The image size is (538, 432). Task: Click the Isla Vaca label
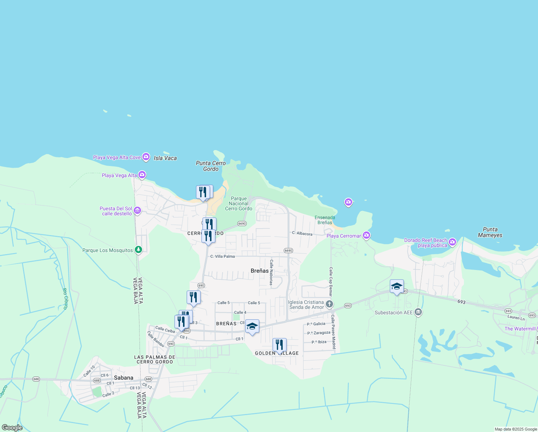[x=165, y=158]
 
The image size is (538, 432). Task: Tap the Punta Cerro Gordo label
[x=211, y=166]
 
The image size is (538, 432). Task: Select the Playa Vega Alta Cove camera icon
[x=146, y=157]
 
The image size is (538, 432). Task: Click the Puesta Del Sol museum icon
[x=137, y=211]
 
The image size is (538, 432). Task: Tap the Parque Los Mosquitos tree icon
[x=138, y=250]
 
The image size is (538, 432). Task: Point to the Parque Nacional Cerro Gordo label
[x=239, y=203]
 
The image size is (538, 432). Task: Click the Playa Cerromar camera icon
[x=366, y=235]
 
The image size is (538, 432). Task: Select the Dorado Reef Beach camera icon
[x=452, y=242]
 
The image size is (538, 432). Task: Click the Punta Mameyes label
[x=490, y=232]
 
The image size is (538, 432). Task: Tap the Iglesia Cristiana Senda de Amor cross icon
[x=329, y=305]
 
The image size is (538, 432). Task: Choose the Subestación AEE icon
[x=418, y=312]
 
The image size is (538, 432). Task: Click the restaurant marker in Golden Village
[x=279, y=345]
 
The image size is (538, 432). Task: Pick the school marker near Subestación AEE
[x=397, y=287]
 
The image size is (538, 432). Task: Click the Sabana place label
[x=123, y=378]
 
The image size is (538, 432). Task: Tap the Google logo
[x=12, y=428]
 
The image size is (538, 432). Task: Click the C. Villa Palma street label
[x=222, y=256]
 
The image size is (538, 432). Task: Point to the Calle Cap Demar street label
[x=331, y=282]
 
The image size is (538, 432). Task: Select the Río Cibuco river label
[x=65, y=299]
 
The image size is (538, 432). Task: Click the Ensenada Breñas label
[x=325, y=220]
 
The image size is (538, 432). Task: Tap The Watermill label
[x=520, y=329]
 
